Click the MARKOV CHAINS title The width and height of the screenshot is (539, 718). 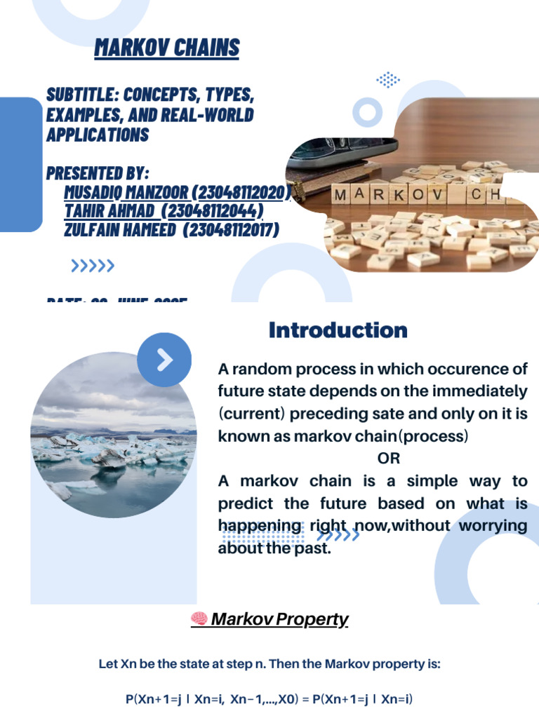tap(167, 48)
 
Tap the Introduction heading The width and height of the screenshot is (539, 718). tap(338, 330)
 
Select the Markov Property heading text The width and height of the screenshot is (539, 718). tap(279, 619)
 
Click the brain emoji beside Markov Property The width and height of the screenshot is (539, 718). tap(199, 619)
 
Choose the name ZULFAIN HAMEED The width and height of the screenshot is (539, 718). tap(119, 230)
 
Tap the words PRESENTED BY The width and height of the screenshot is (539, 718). tap(98, 174)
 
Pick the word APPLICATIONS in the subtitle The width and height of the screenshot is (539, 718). tap(98, 135)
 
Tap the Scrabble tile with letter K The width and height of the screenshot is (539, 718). tap(397, 194)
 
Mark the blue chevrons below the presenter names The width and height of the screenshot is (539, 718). tap(93, 265)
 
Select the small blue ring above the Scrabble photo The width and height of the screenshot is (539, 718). tap(367, 111)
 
